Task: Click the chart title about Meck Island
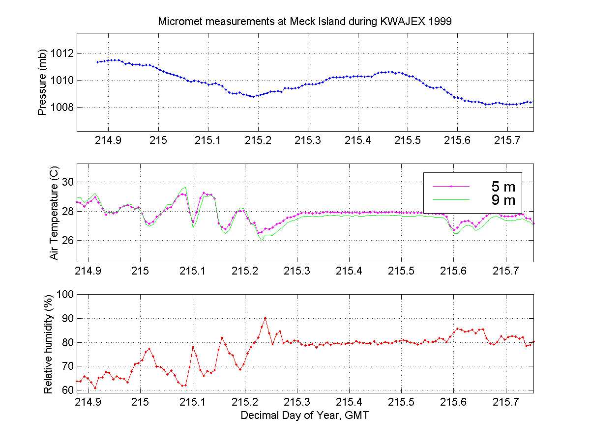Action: tap(308, 22)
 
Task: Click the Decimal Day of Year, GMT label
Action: tap(305, 415)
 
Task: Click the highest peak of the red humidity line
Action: tap(265, 318)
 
